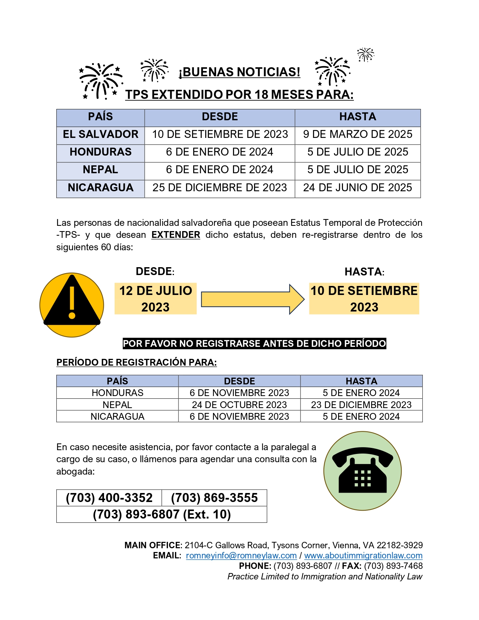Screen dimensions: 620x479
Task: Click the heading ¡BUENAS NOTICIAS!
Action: (239, 72)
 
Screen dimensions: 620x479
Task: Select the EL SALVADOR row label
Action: (100, 134)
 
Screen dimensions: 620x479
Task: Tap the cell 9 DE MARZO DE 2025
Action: (357, 134)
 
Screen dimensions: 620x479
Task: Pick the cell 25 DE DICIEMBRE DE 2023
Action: (219, 188)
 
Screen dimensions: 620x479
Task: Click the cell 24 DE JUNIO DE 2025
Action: (357, 188)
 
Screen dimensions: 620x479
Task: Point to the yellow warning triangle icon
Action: (72, 305)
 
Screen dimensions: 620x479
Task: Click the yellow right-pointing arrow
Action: (252, 299)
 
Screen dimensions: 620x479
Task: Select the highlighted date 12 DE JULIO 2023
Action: (156, 299)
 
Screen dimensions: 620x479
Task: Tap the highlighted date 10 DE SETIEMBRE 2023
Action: (364, 299)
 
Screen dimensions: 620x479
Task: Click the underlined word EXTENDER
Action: (175, 235)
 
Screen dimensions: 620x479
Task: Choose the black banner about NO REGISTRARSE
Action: (254, 343)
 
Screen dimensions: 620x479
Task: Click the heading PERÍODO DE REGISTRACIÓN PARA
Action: (136, 362)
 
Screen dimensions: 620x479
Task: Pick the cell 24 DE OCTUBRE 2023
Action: (239, 405)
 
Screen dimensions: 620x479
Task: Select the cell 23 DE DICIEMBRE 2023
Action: (361, 405)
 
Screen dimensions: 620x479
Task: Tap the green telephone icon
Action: (363, 471)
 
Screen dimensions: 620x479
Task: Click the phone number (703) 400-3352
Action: (109, 498)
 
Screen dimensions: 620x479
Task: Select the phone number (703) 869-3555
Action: (214, 498)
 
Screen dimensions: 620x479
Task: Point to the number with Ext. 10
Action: (162, 514)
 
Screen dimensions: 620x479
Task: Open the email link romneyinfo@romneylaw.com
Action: (241, 555)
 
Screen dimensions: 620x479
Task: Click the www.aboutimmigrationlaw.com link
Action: (363, 555)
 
